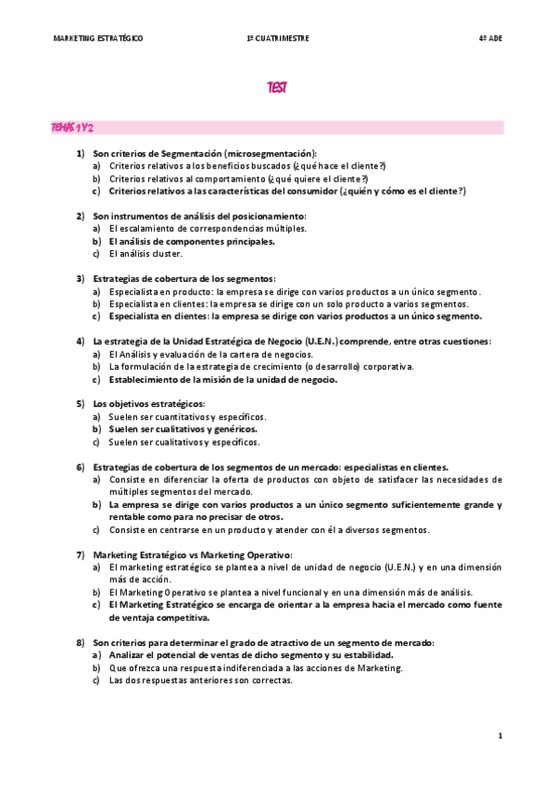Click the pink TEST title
click(277, 88)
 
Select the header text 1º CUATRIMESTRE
click(278, 38)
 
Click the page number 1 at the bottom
click(499, 735)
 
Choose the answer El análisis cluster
click(145, 253)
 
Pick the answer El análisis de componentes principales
click(191, 241)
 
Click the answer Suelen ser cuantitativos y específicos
click(187, 417)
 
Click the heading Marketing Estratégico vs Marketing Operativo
click(185, 554)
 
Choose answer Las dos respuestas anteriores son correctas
click(200, 680)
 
